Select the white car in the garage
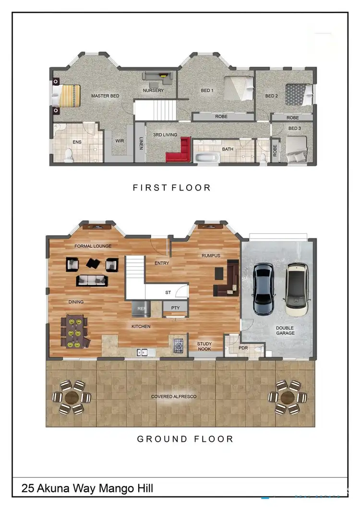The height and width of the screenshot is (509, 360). pyautogui.click(x=296, y=289)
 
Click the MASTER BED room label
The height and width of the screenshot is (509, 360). pyautogui.click(x=105, y=96)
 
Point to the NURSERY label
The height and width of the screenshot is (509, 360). pyautogui.click(x=153, y=90)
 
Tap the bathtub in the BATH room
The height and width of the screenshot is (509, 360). pyautogui.click(x=207, y=158)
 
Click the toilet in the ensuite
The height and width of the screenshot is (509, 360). pyautogui.click(x=69, y=154)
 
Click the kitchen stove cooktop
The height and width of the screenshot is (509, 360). pyautogui.click(x=179, y=344)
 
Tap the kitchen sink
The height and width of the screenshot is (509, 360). pyautogui.click(x=142, y=353)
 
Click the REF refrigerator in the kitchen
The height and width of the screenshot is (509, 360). pyautogui.click(x=141, y=309)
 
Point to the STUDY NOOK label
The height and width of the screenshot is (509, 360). pyautogui.click(x=204, y=346)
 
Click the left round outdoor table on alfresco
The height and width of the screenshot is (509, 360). pyautogui.click(x=71, y=397)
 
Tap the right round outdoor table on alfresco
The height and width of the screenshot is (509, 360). pyautogui.click(x=287, y=397)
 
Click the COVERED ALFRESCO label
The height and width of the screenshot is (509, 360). pyautogui.click(x=174, y=397)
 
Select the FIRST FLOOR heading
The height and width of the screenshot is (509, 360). pyautogui.click(x=171, y=188)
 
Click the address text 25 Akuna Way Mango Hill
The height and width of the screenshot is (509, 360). pyautogui.click(x=87, y=488)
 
